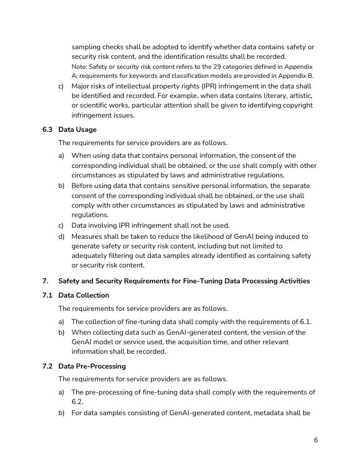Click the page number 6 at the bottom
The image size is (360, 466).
[316, 440]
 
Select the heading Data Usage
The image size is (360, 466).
[77, 130]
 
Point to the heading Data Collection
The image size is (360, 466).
[84, 295]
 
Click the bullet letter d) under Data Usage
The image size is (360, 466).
[61, 237]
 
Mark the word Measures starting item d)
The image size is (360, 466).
[87, 237]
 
